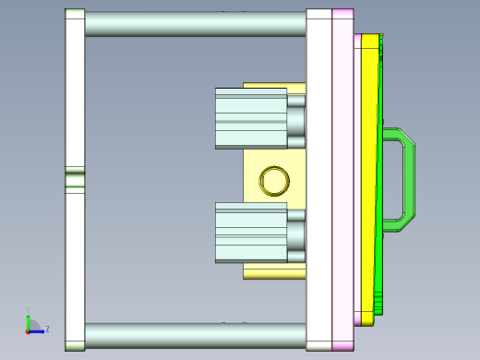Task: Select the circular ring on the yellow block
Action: point(274,180)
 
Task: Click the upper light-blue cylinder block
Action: point(250,118)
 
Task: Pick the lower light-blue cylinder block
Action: point(250,233)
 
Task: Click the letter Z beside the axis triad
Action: point(47,328)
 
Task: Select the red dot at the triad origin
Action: point(28,330)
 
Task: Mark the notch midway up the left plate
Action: point(75,179)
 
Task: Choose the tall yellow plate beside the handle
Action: point(368,180)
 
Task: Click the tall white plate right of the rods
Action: point(319,180)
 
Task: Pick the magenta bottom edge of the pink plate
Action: point(342,346)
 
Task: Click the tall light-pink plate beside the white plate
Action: point(342,180)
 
